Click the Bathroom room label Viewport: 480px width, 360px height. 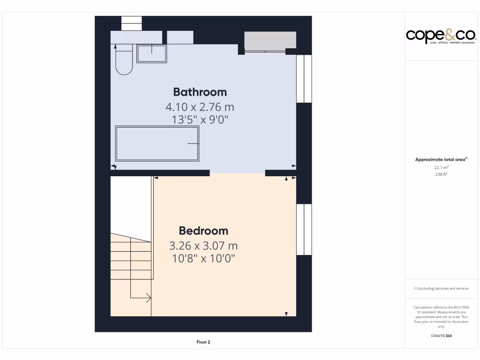pos(200,92)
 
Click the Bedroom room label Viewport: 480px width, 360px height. pos(203,231)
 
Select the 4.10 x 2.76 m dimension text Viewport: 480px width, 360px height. pos(200,106)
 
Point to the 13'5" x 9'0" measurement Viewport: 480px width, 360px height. pos(200,120)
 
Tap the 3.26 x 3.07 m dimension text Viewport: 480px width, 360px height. pos(203,246)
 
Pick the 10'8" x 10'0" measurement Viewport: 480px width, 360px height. pos(203,258)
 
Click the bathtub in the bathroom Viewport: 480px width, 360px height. pos(157,143)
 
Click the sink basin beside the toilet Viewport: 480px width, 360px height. pos(151,53)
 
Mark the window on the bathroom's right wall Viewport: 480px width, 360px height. pos(304,79)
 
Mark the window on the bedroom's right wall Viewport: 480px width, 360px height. pos(304,229)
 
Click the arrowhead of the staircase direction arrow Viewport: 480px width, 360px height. pos(149,298)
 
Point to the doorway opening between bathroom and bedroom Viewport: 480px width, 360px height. pos(237,173)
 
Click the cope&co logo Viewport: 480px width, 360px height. pos(441,36)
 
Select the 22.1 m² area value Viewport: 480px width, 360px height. pos(441,167)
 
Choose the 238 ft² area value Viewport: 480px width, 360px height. pos(441,174)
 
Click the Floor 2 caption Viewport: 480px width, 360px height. pos(203,342)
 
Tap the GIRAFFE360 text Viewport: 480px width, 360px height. pos(441,336)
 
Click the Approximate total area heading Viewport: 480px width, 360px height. pos(441,160)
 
